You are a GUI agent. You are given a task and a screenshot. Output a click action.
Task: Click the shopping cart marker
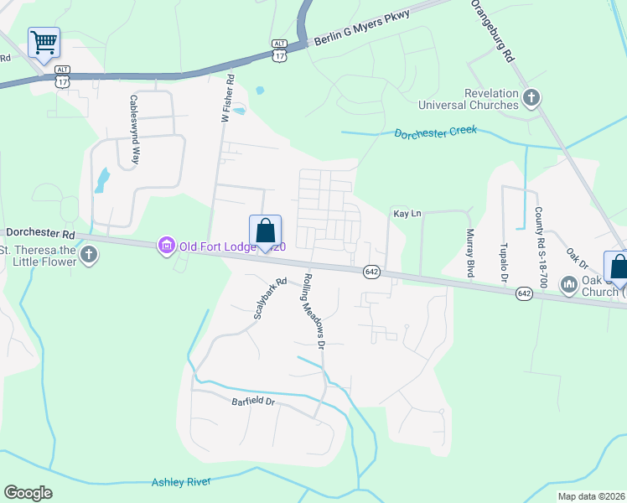[x=44, y=42]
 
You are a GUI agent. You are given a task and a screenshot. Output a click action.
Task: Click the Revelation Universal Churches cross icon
[x=531, y=99]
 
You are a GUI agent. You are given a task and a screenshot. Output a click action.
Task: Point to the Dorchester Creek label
[x=435, y=132]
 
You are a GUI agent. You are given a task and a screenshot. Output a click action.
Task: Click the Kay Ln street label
[x=407, y=214]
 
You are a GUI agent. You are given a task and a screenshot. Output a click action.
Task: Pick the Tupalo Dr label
[x=504, y=262]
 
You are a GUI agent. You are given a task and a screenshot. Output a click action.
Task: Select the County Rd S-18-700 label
[x=539, y=248]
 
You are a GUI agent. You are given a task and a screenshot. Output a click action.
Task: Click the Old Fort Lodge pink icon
[x=166, y=246]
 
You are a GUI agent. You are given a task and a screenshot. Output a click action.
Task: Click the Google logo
[x=28, y=493]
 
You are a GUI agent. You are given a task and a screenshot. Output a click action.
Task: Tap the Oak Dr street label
[x=577, y=258]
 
